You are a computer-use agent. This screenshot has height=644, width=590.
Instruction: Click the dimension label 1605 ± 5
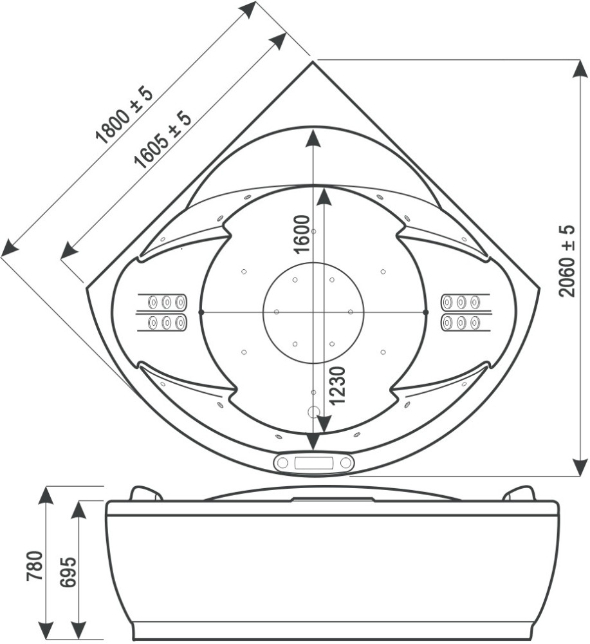click(163, 138)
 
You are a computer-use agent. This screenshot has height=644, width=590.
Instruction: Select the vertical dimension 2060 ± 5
click(566, 260)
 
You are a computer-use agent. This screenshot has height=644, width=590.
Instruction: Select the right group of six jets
click(461, 312)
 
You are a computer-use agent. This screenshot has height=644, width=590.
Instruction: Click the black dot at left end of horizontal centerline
click(201, 312)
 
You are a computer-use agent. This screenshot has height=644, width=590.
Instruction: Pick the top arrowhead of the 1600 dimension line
click(313, 138)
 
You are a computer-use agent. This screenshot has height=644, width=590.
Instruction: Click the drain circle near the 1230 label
click(314, 411)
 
